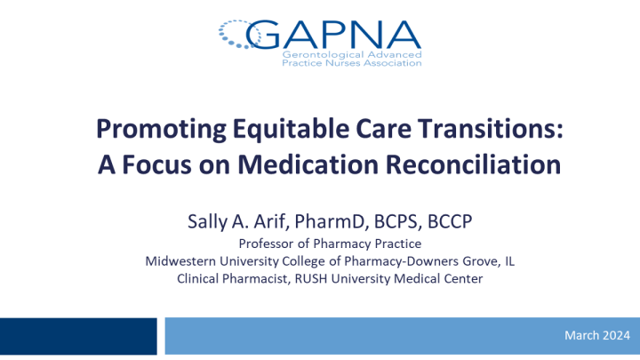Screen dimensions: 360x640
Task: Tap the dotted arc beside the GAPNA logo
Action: coord(238,33)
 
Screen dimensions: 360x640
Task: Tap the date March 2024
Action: coord(596,335)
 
